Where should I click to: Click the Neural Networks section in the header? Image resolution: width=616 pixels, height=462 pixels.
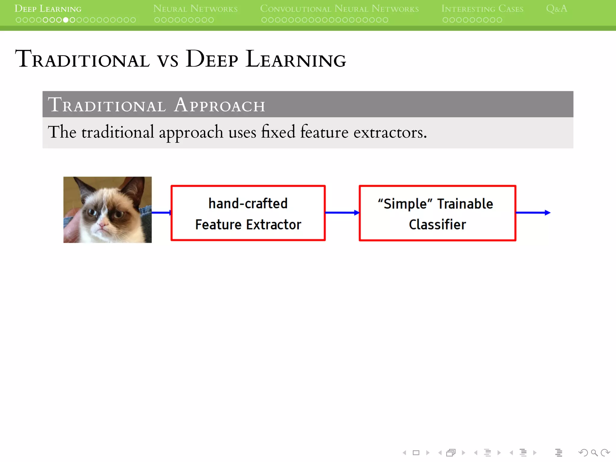(195, 9)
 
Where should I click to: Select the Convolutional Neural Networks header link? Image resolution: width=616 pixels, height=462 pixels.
(339, 9)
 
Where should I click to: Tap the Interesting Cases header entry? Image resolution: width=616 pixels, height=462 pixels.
(482, 9)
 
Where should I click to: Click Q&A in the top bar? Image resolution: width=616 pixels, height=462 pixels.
(556, 9)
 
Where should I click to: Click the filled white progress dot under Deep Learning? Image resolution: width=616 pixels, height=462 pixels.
(66, 20)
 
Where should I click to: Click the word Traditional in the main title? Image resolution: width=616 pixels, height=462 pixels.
(82, 59)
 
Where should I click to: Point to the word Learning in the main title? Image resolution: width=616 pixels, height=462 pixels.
(296, 59)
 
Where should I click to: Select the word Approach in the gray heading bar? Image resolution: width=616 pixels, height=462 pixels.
(220, 105)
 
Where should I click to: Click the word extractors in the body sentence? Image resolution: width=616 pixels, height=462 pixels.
(390, 132)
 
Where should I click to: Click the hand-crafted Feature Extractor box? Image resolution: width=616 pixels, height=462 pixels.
(248, 213)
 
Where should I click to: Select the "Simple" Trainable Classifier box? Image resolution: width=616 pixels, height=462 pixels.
(437, 213)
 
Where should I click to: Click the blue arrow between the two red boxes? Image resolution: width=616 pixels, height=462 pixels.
(342, 213)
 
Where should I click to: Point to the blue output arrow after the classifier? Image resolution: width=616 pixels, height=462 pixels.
(533, 213)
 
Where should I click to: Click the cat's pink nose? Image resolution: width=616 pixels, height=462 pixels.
(103, 224)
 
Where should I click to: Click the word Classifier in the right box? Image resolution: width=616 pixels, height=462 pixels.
(437, 224)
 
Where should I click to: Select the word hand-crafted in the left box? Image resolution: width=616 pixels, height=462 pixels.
(248, 204)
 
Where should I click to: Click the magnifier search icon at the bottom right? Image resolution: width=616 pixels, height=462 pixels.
(594, 453)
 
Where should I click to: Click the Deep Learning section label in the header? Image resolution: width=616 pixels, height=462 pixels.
(48, 9)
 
